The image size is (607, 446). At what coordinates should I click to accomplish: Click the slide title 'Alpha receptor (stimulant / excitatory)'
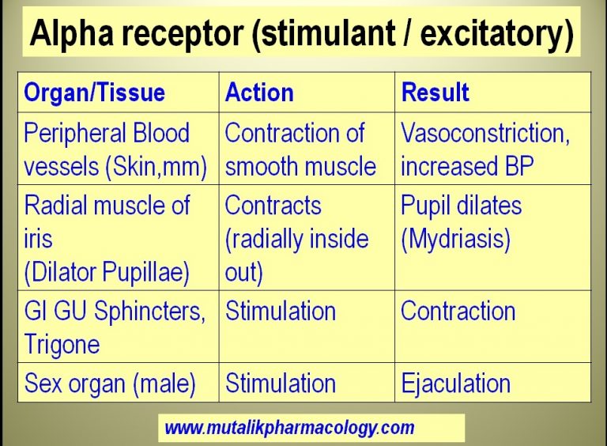click(x=301, y=33)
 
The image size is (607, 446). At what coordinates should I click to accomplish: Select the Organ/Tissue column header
click(x=95, y=93)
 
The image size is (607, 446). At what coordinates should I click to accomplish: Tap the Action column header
click(x=259, y=93)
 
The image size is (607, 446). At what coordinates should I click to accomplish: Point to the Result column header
click(x=435, y=93)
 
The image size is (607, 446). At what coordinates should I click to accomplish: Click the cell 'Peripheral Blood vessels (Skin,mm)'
click(x=115, y=149)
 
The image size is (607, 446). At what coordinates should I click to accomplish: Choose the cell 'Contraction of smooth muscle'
click(x=300, y=149)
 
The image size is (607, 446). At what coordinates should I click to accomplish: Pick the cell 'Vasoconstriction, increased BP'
click(x=484, y=149)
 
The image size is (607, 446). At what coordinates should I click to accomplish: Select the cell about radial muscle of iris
click(x=107, y=238)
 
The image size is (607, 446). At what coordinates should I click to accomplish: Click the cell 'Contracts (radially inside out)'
click(x=296, y=238)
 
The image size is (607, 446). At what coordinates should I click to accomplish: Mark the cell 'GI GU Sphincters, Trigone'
click(x=115, y=327)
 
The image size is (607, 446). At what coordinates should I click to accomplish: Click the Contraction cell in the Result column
click(x=458, y=311)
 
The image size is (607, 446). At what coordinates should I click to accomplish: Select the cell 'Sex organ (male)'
click(x=110, y=384)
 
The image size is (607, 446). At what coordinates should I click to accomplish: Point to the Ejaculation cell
click(x=455, y=384)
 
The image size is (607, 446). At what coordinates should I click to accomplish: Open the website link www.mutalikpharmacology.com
click(x=289, y=428)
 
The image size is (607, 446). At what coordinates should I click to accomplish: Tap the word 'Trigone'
click(x=62, y=343)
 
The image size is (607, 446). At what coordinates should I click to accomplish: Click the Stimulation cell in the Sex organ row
click(x=281, y=384)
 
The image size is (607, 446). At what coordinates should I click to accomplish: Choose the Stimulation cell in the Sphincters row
click(x=281, y=311)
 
